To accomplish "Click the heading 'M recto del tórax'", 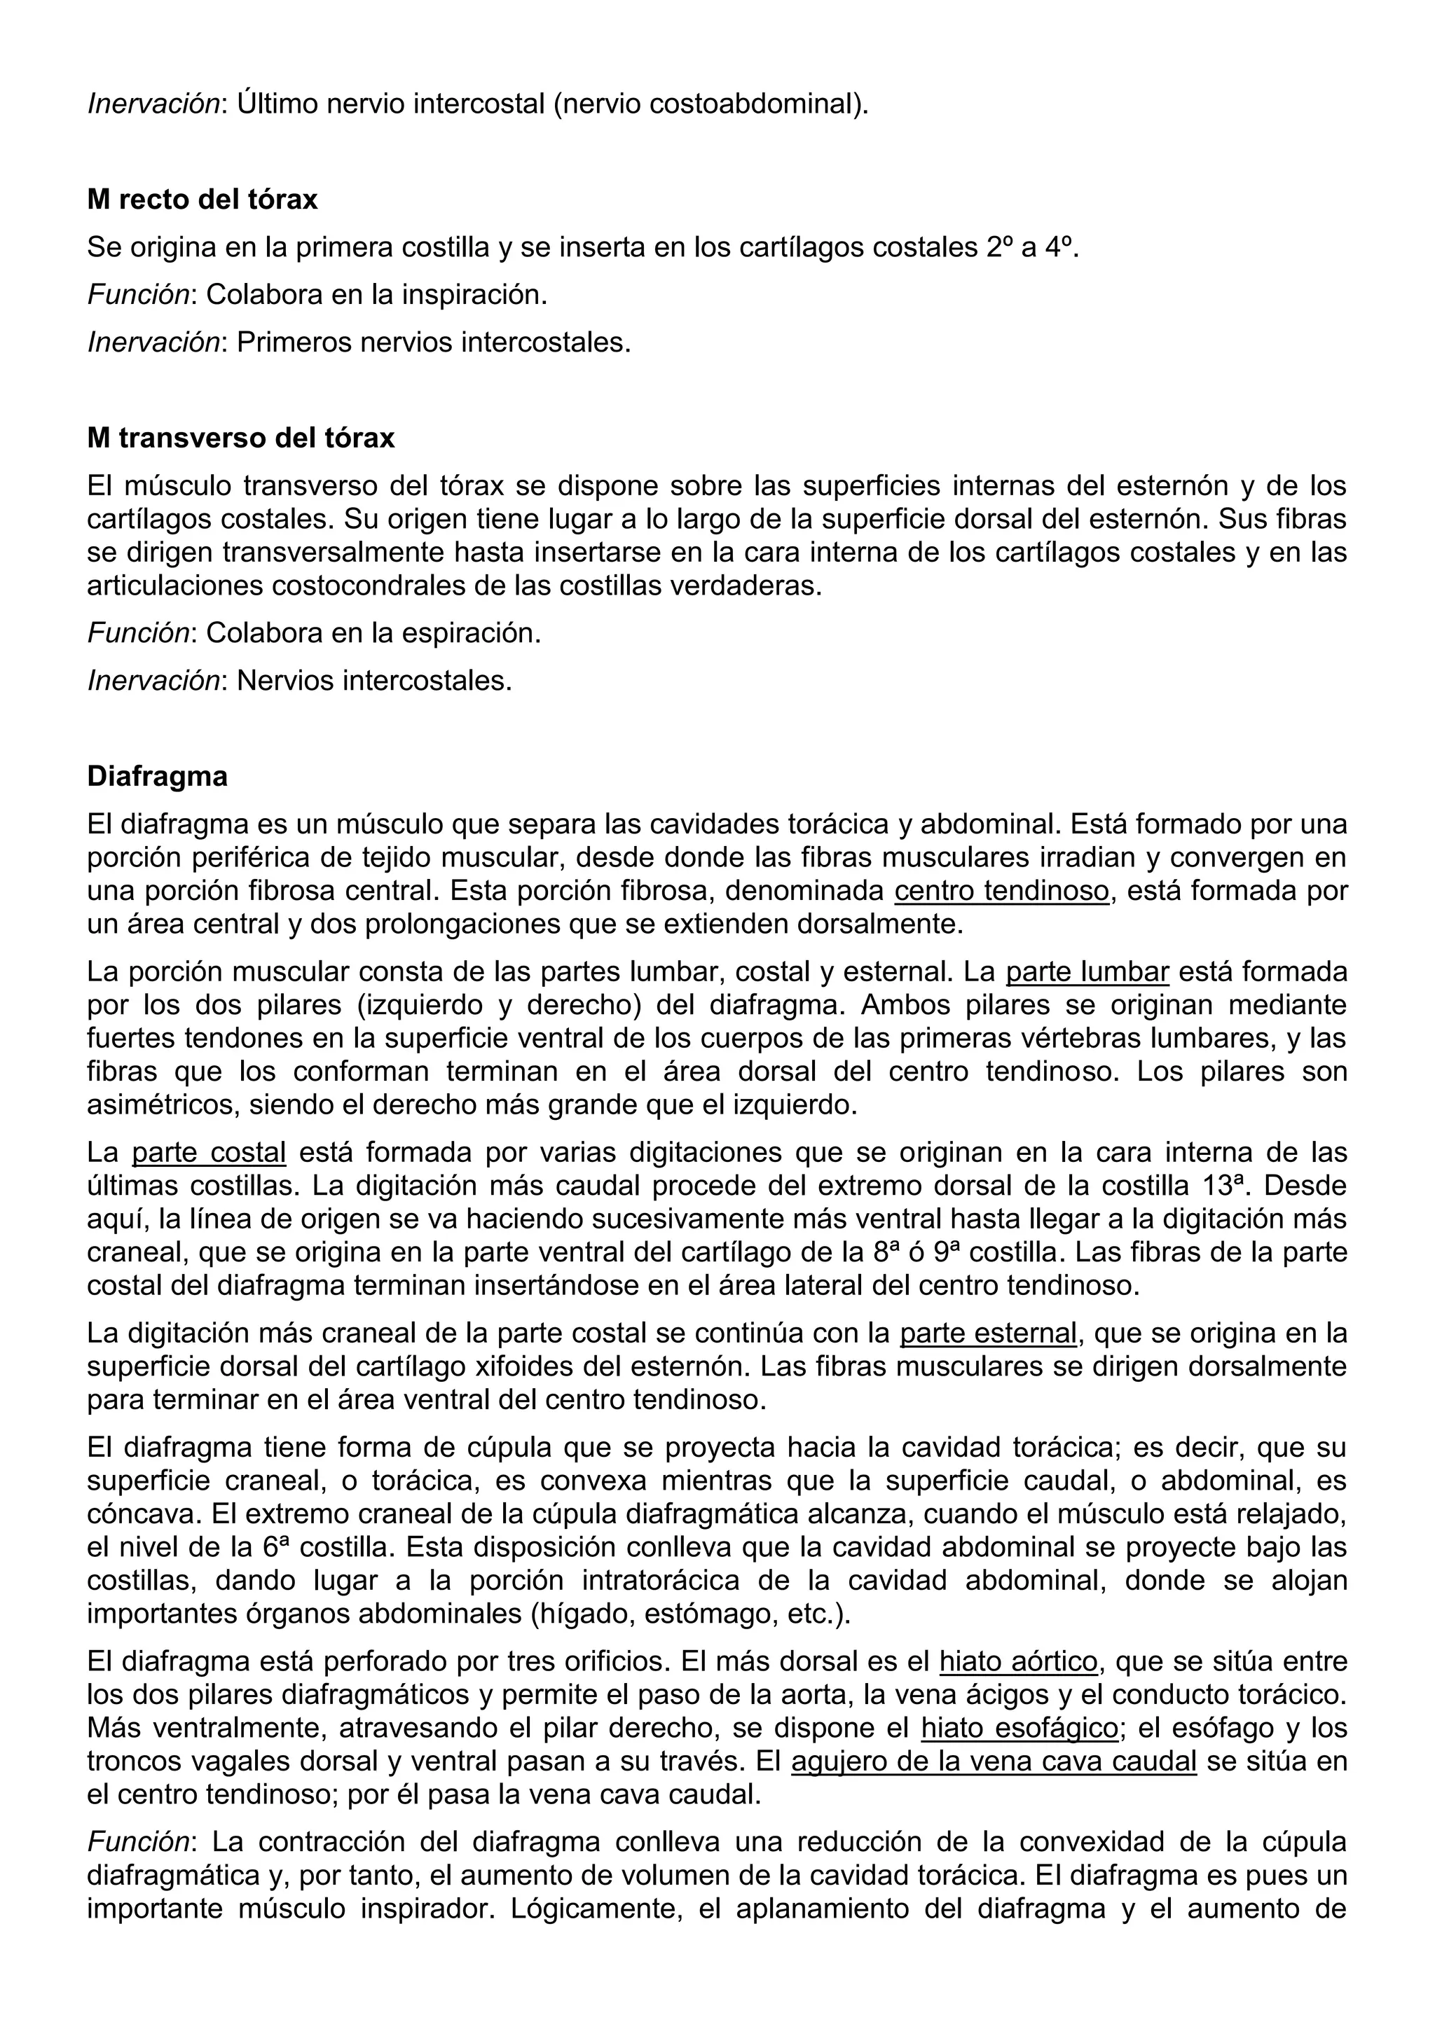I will pos(202,200).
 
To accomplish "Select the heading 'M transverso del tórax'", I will pos(240,438).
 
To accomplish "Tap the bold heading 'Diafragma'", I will pos(158,777).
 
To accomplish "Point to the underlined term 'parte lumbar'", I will pos(1087,972).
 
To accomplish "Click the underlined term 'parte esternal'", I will pos(987,1334).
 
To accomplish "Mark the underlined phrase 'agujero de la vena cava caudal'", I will pos(993,1762).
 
